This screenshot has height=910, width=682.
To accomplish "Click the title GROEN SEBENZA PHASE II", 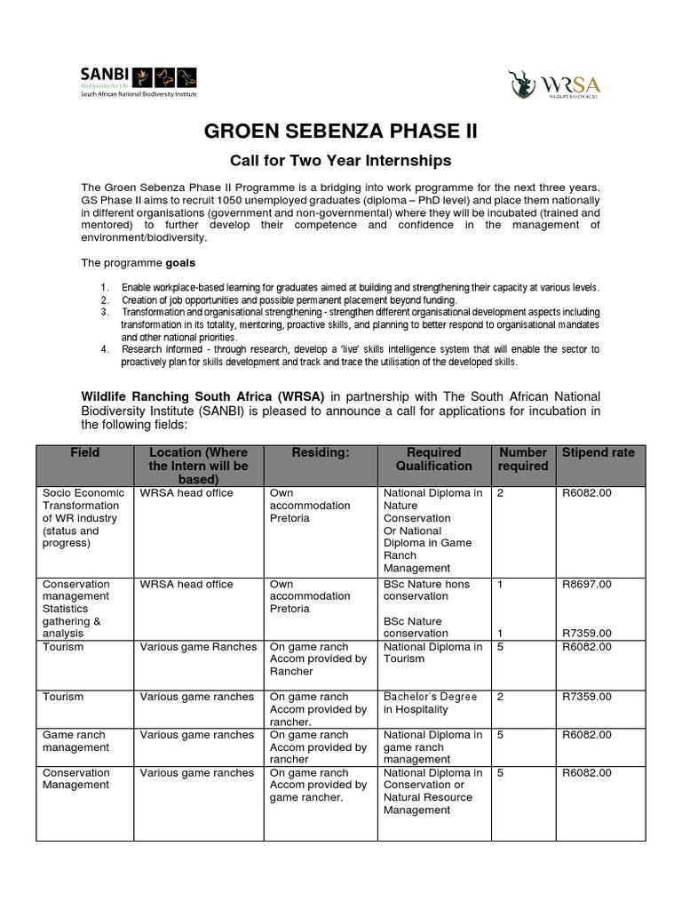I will tap(341, 132).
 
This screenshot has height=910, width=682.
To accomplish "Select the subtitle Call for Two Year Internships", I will tap(341, 161).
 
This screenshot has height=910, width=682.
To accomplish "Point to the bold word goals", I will tap(178, 263).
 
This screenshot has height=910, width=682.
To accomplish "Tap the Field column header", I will tap(85, 452).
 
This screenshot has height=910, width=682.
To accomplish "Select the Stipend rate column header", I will tap(598, 452).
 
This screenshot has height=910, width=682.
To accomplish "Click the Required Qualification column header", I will tap(433, 459).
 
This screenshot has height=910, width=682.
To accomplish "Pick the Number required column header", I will tap(523, 459).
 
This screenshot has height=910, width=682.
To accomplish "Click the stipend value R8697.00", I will tap(586, 584).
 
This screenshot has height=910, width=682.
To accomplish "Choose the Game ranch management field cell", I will tap(74, 741).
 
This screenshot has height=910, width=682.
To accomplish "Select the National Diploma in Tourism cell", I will tap(432, 652).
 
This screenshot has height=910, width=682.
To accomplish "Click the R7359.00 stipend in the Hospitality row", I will tap(586, 697).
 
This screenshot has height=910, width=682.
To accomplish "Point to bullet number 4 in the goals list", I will tap(104, 349).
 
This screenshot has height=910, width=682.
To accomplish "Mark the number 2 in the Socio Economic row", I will tap(501, 491).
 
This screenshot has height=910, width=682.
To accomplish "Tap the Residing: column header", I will tap(321, 452).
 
